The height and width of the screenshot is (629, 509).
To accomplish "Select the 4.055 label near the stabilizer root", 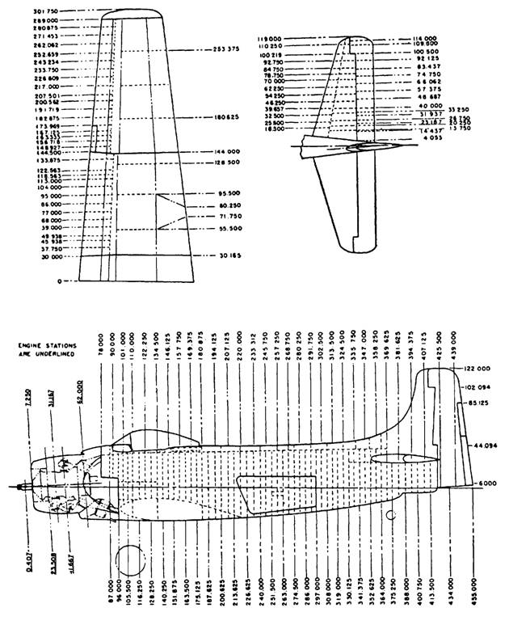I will [x=423, y=139].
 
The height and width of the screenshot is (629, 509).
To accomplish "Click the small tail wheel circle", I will [x=390, y=514].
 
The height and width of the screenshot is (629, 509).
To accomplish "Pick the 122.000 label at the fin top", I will [x=478, y=368].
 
